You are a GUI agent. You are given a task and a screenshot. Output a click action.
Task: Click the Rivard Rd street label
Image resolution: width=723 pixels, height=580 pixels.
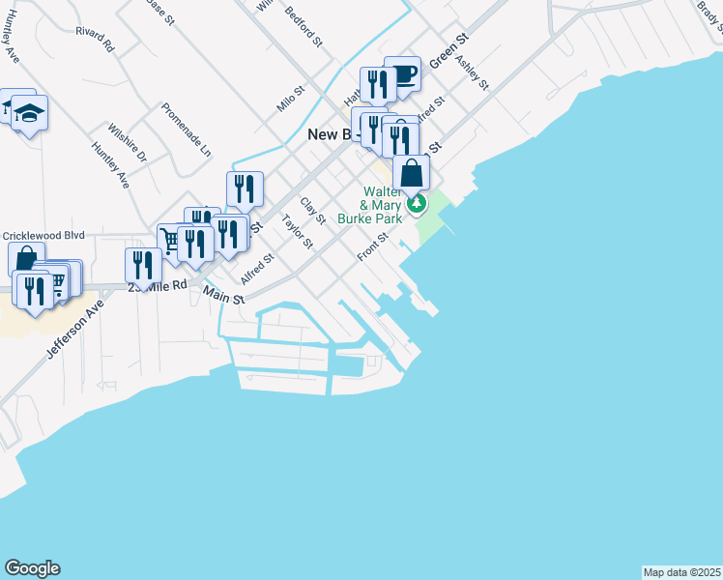(95, 39)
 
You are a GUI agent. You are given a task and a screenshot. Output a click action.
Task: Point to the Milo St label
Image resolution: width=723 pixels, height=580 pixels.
(290, 99)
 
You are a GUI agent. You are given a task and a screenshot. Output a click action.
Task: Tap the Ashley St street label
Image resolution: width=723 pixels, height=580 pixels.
(472, 71)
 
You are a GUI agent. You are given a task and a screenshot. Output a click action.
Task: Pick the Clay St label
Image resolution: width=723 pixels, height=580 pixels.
(312, 211)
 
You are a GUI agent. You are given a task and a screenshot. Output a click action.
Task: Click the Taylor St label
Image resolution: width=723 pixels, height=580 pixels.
(297, 232)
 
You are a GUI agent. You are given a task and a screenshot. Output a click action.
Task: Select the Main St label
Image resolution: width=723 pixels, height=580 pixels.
(223, 293)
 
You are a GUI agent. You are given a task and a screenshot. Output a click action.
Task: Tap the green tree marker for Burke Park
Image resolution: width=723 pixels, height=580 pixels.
(417, 203)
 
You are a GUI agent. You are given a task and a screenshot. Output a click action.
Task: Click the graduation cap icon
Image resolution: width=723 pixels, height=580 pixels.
(29, 113)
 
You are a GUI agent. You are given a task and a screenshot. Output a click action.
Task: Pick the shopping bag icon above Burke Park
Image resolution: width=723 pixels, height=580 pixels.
(411, 173)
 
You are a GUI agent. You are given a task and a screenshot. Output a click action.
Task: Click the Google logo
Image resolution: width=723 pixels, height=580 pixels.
(32, 568)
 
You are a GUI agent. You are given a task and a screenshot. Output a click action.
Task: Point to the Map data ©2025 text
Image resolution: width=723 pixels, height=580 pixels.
(681, 572)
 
